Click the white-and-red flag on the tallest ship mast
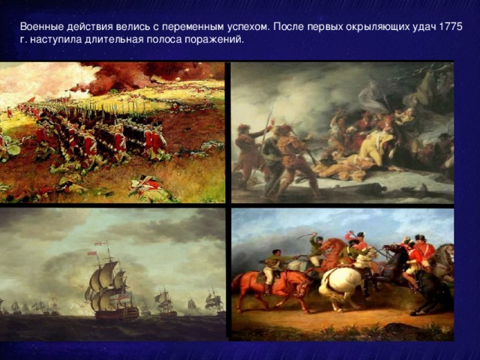(97, 244)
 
